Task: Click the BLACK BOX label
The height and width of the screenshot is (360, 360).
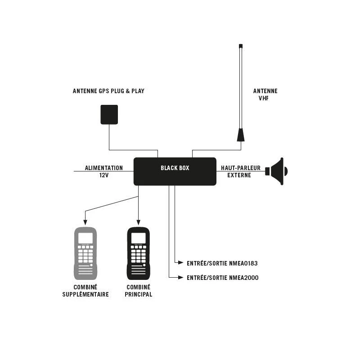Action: [175, 168]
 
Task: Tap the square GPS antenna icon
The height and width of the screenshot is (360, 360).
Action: [109, 114]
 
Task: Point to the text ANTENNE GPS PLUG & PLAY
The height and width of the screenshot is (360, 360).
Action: [108, 91]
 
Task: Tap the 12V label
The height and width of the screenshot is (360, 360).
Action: [104, 175]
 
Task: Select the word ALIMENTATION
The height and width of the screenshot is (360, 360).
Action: [104, 168]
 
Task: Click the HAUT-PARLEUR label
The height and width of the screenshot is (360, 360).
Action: [241, 168]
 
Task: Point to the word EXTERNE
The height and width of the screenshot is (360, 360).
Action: [239, 175]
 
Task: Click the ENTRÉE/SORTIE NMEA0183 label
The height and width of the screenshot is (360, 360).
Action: [222, 263]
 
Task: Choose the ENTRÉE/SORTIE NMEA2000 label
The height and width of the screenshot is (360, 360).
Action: [222, 278]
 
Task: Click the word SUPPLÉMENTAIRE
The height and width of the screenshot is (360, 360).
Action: [85, 295]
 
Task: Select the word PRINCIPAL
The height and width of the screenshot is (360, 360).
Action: [139, 295]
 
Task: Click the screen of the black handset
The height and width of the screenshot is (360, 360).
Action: [138, 238]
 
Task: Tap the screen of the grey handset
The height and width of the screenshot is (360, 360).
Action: [85, 238]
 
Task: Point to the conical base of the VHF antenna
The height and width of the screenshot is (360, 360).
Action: [241, 135]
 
